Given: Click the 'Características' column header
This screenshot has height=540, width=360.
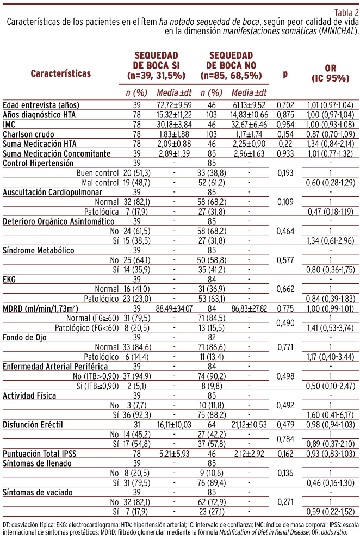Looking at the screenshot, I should [x=61, y=72].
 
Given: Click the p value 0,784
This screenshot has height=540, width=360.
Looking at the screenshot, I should [x=285, y=454].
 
